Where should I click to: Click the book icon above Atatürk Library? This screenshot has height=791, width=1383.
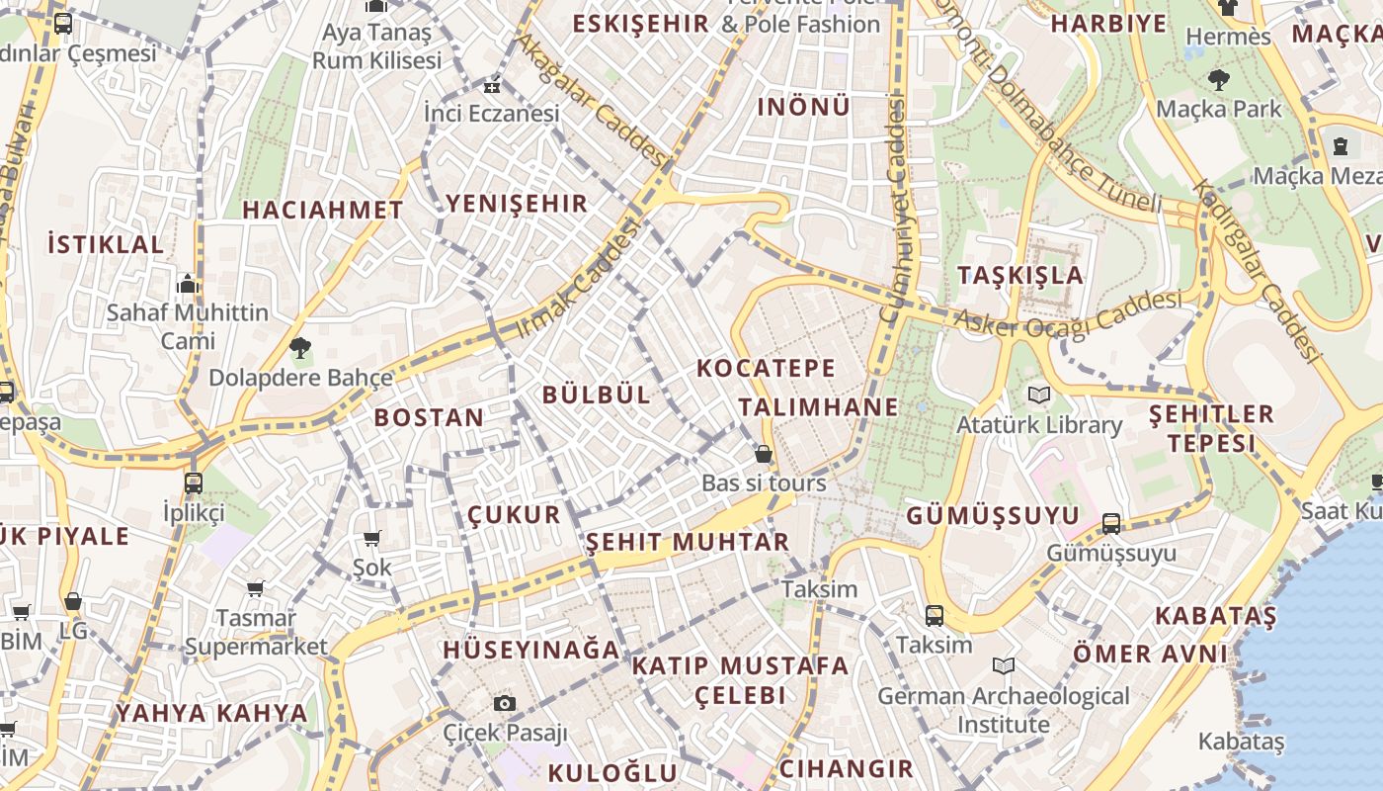tap(1038, 395)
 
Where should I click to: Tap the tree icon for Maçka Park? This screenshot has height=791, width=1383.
tap(1219, 79)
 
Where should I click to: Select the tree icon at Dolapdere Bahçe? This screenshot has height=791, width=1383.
tap(300, 347)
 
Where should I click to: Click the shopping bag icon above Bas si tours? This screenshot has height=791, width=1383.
tap(763, 454)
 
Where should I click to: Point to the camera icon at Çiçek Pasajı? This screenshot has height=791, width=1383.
tap(505, 703)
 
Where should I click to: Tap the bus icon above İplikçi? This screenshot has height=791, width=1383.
tap(194, 483)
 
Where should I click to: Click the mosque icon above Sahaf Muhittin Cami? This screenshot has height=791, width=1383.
tap(188, 285)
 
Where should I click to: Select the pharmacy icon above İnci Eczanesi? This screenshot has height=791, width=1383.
tap(492, 86)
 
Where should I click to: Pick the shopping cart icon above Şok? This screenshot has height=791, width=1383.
tap(372, 538)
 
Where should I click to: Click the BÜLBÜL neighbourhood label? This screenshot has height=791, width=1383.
tap(597, 395)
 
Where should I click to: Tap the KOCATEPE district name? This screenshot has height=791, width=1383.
tap(766, 369)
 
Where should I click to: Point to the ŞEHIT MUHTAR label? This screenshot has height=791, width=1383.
tap(688, 542)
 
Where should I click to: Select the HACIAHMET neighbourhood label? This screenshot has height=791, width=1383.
tap(323, 210)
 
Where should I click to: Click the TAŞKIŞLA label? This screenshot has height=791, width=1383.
tap(1020, 275)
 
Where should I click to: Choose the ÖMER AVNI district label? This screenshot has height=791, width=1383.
tap(1150, 654)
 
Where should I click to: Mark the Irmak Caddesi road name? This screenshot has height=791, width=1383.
tap(579, 278)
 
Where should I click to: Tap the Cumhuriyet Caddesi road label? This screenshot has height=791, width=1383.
tap(895, 208)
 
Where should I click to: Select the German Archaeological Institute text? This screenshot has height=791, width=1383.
tap(1004, 710)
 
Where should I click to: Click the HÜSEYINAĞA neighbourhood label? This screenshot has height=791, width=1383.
tap(531, 650)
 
